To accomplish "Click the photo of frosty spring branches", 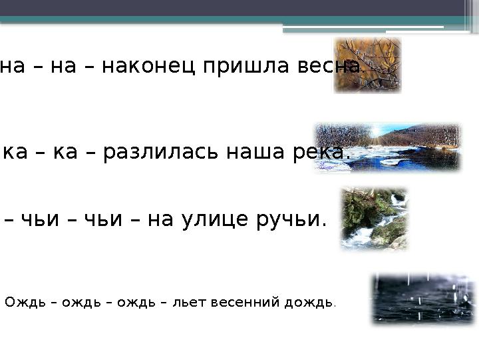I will click(x=367, y=65).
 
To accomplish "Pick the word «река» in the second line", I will click(x=320, y=152).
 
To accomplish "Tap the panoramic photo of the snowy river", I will click(x=387, y=147).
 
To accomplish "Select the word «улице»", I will click(x=215, y=219).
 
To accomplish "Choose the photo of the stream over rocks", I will click(x=374, y=219).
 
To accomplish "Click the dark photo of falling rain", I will click(x=423, y=298).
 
